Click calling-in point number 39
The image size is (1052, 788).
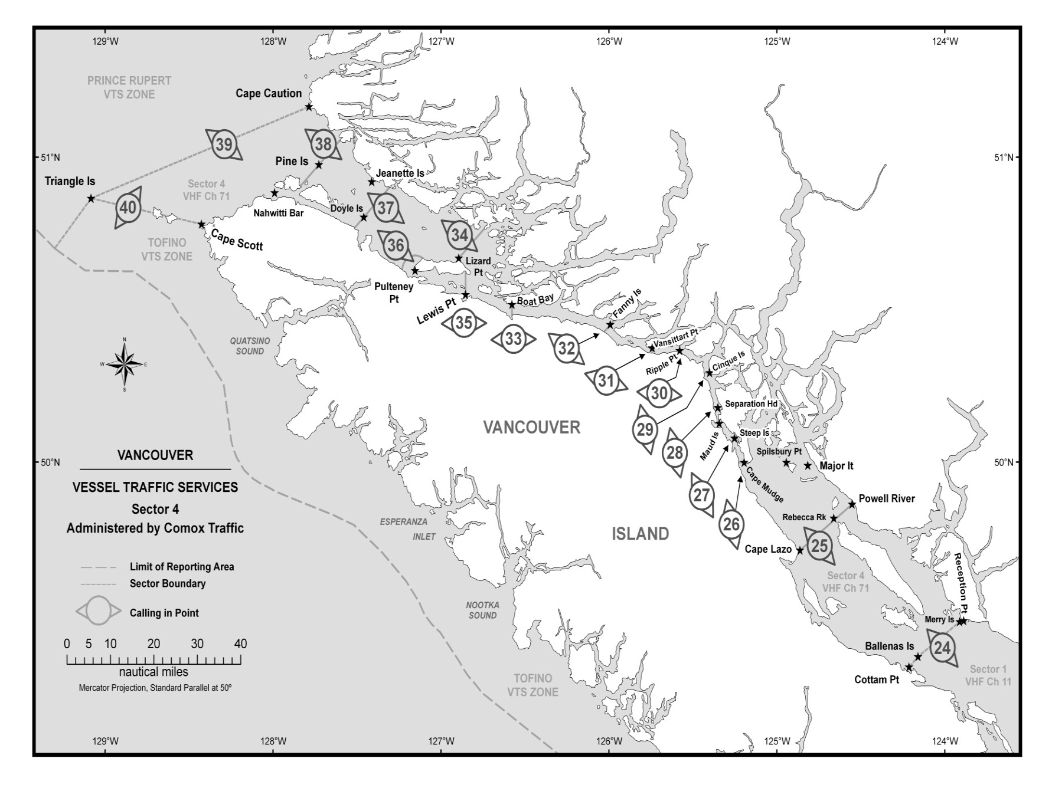224,145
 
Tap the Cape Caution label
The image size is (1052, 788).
269,93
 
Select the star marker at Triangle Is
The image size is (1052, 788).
91,199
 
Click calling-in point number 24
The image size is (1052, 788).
942,648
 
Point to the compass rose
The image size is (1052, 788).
124,365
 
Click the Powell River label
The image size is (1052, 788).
887,498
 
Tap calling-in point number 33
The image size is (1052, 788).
514,339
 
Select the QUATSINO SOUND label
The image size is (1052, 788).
250,346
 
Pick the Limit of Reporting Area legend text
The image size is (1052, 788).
182,567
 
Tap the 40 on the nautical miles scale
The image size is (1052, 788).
240,644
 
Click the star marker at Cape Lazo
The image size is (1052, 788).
800,551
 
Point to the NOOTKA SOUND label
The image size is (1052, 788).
482,610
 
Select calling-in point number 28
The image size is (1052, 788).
674,453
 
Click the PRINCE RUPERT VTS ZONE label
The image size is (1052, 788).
129,87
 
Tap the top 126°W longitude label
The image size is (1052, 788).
609,41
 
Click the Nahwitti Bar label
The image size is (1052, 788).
279,213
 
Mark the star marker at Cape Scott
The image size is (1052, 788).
201,225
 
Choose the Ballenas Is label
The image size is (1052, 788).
889,646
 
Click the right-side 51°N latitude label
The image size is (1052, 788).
1004,157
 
